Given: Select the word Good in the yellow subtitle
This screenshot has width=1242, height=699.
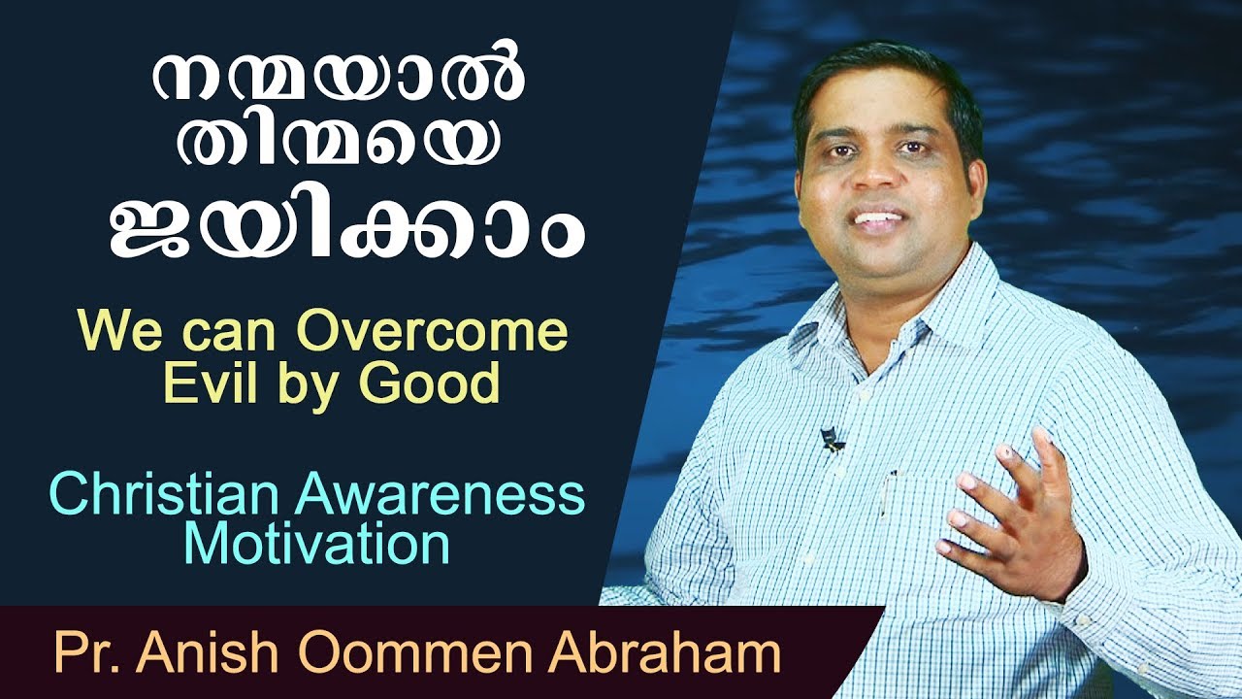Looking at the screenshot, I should (443, 384).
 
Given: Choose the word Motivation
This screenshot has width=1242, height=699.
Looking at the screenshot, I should (316, 545).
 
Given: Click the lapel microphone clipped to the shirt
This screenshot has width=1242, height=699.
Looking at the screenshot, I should (830, 441).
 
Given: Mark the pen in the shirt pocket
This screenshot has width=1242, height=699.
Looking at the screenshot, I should (890, 490).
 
